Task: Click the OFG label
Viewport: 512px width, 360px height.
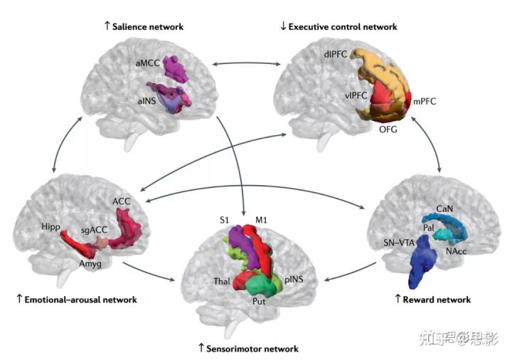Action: (x=388, y=130)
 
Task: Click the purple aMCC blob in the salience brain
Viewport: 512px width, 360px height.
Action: (x=175, y=68)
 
